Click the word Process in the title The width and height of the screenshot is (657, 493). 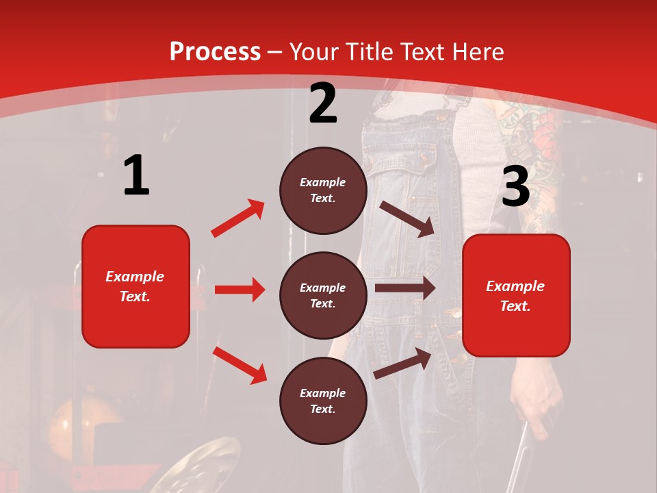215,52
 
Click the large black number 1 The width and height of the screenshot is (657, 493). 136,176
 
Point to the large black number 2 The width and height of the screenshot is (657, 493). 323,103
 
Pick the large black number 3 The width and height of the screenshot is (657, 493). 515,186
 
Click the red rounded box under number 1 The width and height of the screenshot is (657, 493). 136,286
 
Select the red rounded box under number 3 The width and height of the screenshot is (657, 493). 516,295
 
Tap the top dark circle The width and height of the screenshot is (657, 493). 323,190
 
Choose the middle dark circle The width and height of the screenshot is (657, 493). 323,295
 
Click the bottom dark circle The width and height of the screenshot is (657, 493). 323,401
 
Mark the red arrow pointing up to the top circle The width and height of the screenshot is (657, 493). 238,218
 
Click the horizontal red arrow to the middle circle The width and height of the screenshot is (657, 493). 240,290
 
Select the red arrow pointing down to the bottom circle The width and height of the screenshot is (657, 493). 240,365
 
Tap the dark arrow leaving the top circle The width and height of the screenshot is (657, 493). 407,218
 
